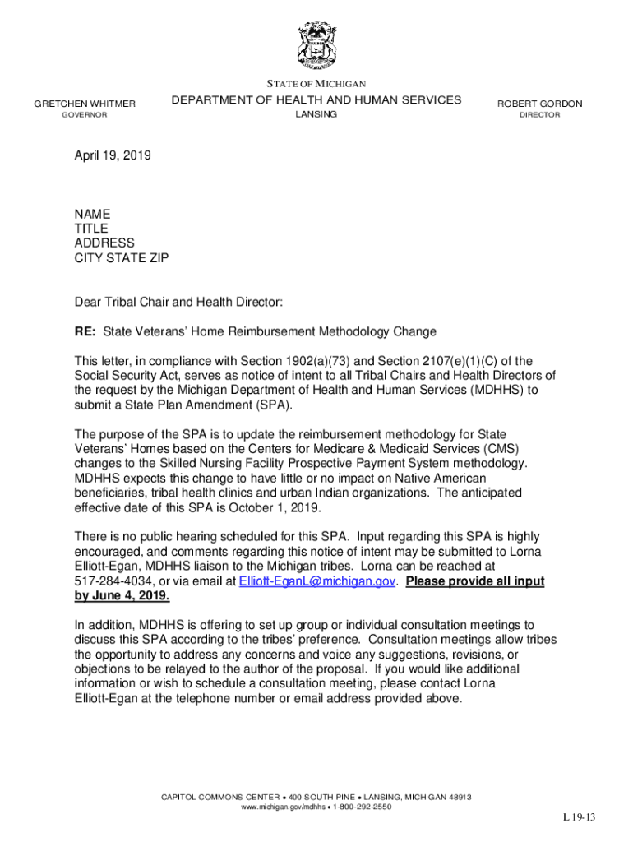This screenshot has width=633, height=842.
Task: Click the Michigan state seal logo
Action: click(316, 45)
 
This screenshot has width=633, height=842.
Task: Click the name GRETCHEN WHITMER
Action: click(85, 104)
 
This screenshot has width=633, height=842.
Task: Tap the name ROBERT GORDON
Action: click(539, 104)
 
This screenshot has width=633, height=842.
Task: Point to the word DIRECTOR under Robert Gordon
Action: click(539, 115)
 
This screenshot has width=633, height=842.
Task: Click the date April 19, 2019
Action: click(113, 155)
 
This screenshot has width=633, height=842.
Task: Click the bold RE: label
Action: click(85, 331)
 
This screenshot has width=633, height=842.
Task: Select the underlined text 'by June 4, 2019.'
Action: click(122, 596)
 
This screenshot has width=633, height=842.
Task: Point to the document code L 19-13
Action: click(579, 817)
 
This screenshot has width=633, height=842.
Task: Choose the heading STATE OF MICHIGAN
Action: click(316, 84)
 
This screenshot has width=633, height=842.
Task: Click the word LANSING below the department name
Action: click(316, 114)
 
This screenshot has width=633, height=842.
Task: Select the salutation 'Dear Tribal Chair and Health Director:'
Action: click(178, 303)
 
